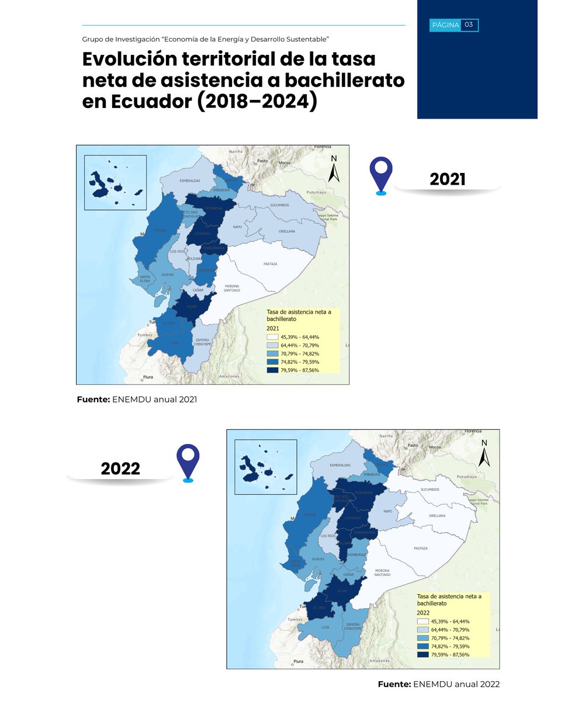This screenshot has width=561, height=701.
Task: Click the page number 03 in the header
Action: point(469,25)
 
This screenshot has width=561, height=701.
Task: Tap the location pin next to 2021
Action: point(381,174)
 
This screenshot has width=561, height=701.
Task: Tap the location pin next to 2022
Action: point(188,461)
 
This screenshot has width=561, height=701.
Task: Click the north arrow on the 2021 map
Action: point(334,169)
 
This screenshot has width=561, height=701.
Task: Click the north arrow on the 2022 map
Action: point(484,454)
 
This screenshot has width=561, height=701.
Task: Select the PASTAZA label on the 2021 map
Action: point(270,264)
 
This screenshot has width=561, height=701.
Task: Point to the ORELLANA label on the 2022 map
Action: point(437,516)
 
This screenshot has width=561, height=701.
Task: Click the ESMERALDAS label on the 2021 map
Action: point(190,181)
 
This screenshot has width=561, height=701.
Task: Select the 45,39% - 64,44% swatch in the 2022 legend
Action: point(424,622)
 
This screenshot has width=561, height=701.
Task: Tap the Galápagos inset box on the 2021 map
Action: point(115,182)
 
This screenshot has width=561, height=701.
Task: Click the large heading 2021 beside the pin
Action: point(448,179)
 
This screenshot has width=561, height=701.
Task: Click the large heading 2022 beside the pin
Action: point(120,469)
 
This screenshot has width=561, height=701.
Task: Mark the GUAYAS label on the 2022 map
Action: point(318,559)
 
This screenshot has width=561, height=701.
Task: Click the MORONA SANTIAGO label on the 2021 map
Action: point(232,288)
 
